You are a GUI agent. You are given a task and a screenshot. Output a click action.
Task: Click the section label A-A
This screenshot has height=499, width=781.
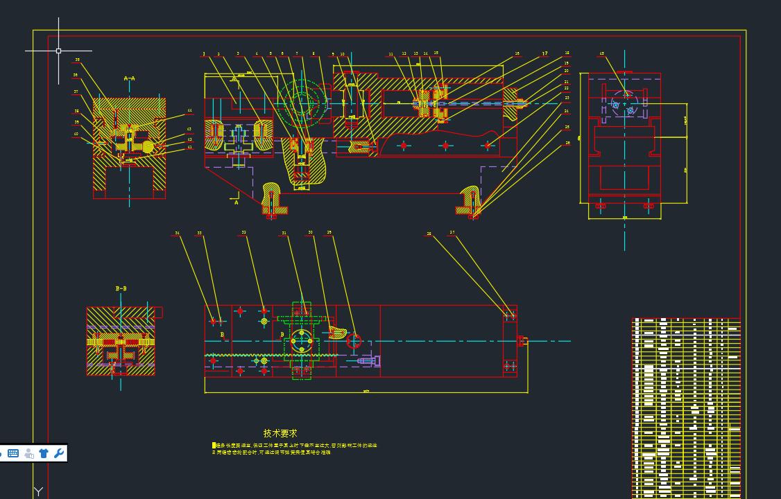[129, 78]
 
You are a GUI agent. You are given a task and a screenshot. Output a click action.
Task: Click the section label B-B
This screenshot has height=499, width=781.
[121, 288]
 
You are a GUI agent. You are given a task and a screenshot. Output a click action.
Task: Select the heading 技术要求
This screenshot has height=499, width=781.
[280, 433]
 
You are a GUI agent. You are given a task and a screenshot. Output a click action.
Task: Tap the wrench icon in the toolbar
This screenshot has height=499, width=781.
[59, 453]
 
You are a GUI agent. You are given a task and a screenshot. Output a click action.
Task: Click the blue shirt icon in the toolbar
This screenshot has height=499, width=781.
[44, 453]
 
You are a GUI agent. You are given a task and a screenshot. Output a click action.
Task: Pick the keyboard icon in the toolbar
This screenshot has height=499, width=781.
[13, 453]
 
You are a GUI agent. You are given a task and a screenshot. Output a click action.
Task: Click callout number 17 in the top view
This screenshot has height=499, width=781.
[545, 53]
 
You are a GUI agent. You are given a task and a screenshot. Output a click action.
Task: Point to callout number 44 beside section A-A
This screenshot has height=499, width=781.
[189, 111]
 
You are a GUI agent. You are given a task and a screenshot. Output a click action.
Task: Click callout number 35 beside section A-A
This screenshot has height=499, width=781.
[77, 60]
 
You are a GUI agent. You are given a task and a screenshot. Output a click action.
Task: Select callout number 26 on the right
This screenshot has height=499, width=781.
[567, 143]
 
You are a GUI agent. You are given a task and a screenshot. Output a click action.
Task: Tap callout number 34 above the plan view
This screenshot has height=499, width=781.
[177, 234]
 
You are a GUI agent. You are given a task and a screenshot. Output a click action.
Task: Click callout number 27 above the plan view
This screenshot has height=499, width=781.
[452, 233]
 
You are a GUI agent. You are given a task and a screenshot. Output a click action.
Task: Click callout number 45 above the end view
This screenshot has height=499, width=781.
[601, 53]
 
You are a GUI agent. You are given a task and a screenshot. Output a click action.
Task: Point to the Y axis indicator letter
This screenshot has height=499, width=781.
[39, 491]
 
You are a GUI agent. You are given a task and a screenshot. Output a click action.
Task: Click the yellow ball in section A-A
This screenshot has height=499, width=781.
[147, 146]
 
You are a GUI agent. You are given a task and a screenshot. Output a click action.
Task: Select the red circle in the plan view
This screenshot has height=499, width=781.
[354, 340]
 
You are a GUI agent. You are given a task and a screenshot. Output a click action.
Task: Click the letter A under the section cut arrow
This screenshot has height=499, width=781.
[237, 203]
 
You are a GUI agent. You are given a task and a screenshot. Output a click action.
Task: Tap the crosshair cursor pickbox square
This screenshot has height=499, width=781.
[58, 51]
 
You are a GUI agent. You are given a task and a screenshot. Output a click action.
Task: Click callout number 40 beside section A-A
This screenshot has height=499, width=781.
[76, 134]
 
